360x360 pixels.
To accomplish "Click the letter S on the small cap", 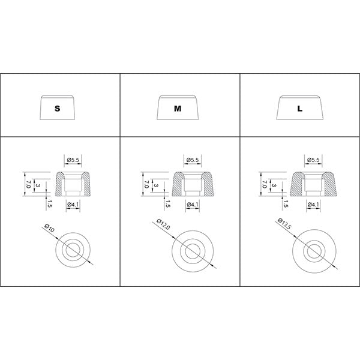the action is point(57,109).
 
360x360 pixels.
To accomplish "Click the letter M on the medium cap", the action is point(178,109).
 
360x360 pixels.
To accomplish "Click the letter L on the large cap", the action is point(300,109).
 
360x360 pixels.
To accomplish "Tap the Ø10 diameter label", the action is point(50,228).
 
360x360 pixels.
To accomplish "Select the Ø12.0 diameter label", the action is point(163,224).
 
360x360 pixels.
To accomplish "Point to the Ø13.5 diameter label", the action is point(284,223).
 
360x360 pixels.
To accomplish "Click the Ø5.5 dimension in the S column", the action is point(73,160).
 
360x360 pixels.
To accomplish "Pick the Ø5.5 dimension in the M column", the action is point(193,160).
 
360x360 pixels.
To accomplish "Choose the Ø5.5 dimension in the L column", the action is point(313,160).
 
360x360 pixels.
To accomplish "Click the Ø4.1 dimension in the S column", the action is point(73,204).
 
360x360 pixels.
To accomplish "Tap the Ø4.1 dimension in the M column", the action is point(193,204).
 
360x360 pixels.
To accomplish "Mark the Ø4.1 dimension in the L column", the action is point(313,204).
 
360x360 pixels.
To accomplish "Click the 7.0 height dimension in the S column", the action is point(28,184).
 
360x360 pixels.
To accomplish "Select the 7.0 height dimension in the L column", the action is point(264,184).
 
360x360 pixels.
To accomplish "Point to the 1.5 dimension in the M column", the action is point(167,204).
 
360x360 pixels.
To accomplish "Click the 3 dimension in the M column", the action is point(156,185).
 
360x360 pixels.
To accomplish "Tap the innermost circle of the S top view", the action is point(73,244).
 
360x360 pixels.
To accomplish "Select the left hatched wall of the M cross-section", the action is point(177,185).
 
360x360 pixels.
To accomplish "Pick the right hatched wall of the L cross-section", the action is point(329,185).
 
